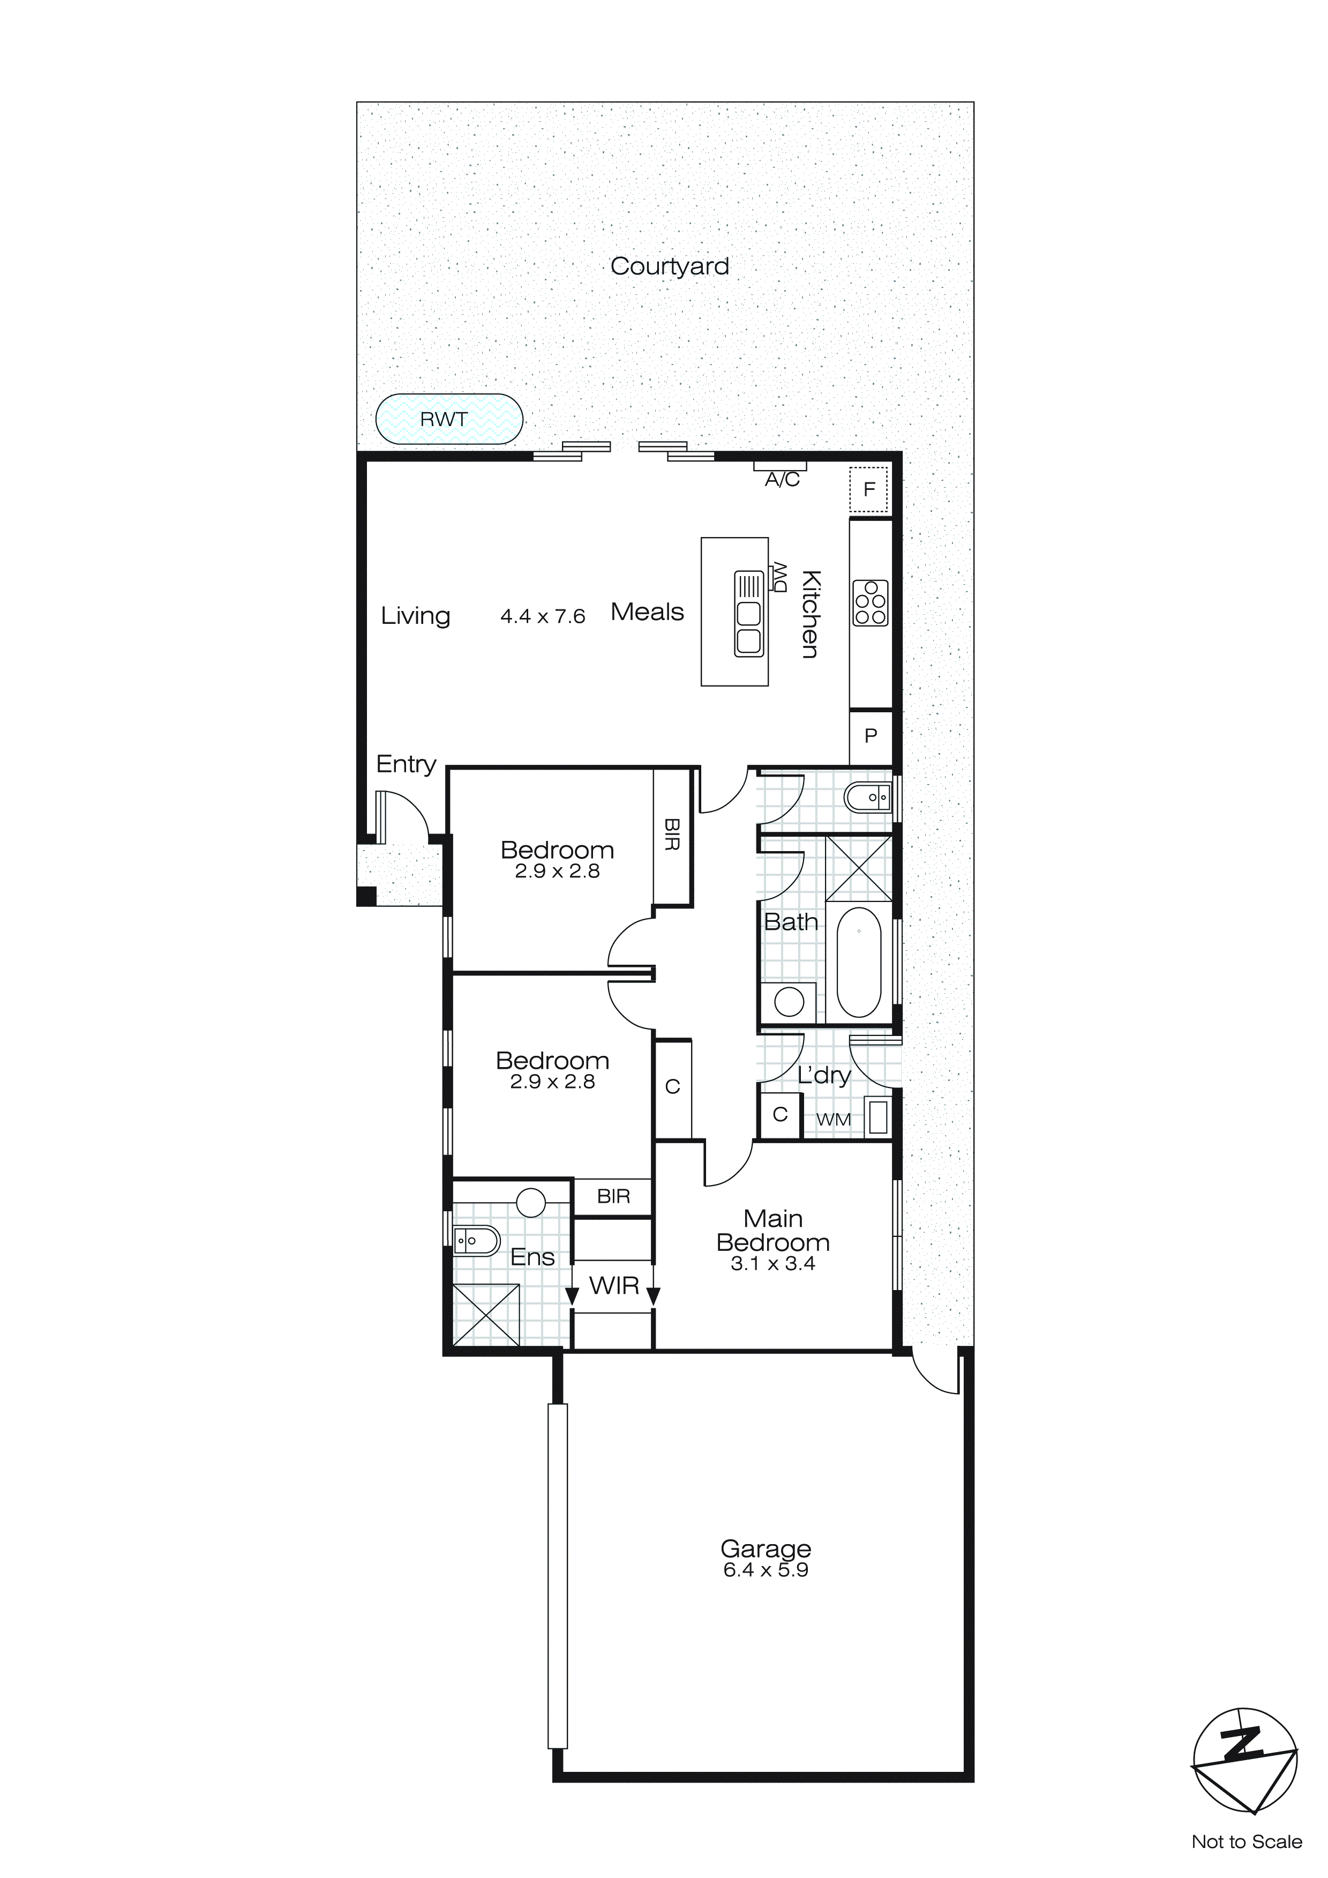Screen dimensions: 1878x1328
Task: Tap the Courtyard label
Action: point(669,267)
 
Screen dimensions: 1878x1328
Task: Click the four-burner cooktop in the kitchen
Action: point(869,603)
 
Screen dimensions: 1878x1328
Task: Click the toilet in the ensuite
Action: point(475,1241)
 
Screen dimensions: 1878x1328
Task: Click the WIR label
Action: point(613,1286)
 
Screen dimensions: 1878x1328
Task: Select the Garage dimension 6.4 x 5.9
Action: point(766,1570)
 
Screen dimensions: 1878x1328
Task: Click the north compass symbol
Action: point(1244,1760)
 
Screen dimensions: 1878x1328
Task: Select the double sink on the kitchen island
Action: point(748,614)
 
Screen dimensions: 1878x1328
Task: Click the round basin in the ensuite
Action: point(531,1202)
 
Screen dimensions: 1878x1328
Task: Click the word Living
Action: point(415,616)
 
